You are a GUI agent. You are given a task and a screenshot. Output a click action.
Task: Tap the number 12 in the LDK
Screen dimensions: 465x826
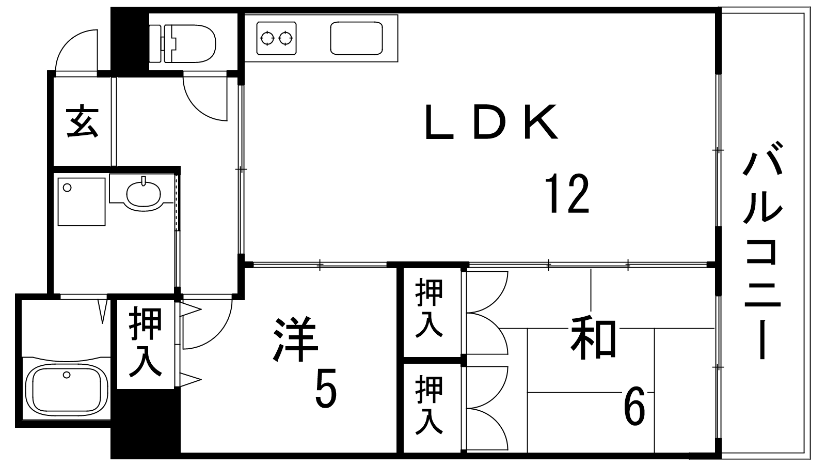click(x=568, y=194)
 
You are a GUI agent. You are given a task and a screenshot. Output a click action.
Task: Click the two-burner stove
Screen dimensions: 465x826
click(x=277, y=38)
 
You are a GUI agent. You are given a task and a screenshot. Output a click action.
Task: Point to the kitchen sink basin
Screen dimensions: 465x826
click(x=356, y=38)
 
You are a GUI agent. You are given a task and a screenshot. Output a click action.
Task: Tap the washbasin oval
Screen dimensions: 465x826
click(x=142, y=194)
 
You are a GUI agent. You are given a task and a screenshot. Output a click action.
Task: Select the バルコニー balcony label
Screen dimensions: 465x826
click(x=762, y=256)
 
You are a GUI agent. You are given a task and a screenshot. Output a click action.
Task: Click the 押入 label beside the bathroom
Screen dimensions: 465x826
click(x=145, y=342)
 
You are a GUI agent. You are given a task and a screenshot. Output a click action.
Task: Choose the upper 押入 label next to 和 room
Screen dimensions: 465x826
click(x=430, y=308)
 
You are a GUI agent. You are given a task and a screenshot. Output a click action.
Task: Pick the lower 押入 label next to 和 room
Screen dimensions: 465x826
click(x=430, y=406)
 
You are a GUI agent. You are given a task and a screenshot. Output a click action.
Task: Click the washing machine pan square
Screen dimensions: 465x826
click(x=82, y=201)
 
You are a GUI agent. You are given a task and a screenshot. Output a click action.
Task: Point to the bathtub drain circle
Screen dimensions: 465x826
click(x=66, y=375)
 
